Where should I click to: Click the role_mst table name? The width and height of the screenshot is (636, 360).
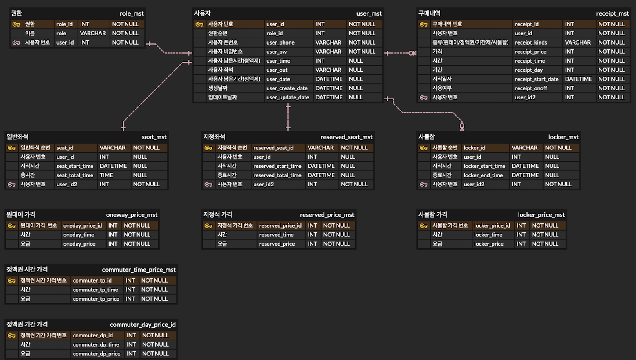(x=131, y=13)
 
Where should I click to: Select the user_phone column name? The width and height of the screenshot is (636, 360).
(x=280, y=43)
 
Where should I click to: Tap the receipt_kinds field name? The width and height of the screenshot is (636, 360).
(x=530, y=43)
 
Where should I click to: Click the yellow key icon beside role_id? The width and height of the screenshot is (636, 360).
(x=16, y=24)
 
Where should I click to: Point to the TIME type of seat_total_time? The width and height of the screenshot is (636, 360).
(x=106, y=175)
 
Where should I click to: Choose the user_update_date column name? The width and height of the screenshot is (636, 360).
(x=287, y=98)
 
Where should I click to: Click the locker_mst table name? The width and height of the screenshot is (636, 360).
(x=563, y=137)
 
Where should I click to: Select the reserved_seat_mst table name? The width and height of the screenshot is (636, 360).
(x=346, y=137)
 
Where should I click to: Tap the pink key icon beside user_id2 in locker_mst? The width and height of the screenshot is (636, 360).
(x=424, y=185)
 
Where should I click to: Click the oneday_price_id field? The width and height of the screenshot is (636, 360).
(x=82, y=225)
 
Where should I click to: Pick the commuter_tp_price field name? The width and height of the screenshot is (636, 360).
(x=96, y=299)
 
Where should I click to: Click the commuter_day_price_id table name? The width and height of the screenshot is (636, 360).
(x=143, y=325)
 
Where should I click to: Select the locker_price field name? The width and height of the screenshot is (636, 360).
(x=489, y=244)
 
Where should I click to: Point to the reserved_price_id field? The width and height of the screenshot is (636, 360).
(x=280, y=225)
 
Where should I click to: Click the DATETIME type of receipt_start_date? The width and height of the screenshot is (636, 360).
(x=578, y=79)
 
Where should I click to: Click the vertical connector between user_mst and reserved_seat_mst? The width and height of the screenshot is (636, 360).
(x=288, y=117)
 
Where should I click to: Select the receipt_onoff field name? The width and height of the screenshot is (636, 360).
(x=531, y=88)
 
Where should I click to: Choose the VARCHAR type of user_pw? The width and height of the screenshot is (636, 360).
(x=328, y=52)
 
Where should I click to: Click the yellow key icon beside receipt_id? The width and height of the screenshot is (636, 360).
(x=424, y=24)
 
